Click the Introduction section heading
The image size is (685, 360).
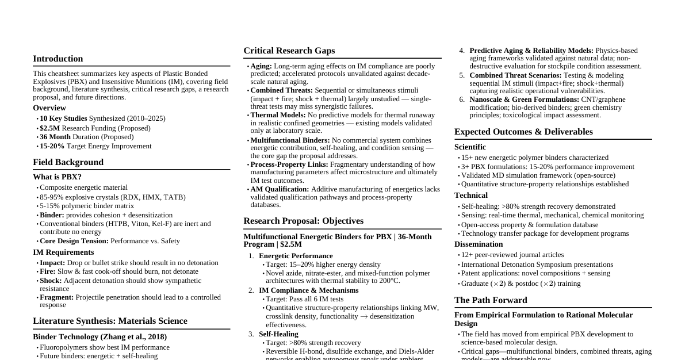coord(58,59)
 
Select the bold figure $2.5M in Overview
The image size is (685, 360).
coord(49,128)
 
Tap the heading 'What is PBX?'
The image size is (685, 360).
coord(57,177)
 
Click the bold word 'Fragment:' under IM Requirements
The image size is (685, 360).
coord(56,297)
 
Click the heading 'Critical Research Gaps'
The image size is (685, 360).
coord(289,51)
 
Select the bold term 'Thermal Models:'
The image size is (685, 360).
coord(278,115)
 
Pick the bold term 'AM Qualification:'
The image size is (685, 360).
coord(280,189)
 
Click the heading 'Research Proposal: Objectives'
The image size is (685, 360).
coord(303,221)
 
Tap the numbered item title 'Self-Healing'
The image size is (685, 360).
coord(278,334)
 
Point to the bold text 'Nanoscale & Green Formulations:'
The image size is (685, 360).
coord(524,99)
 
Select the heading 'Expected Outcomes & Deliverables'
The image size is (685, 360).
coord(523,132)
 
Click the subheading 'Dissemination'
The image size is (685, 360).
coord(479,244)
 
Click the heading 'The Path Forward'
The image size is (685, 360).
coord(491,300)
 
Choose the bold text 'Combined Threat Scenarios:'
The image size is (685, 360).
coord(515,75)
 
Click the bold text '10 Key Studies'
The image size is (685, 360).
coord(63,118)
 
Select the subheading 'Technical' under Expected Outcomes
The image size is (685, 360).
coord(470,196)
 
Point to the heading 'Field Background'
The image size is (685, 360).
coord(68,162)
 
